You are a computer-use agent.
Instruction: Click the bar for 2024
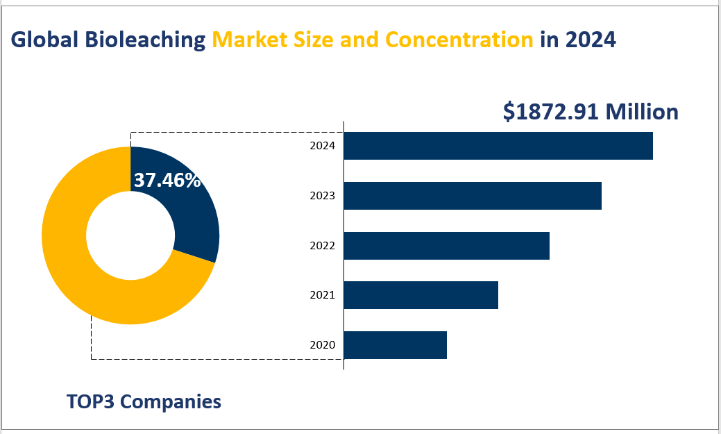tap(498, 146)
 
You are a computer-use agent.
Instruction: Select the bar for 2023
tap(473, 196)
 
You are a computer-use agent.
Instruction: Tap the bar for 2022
tap(447, 246)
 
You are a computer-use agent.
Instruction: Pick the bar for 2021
tap(421, 295)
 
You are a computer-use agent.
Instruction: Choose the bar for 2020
tap(396, 345)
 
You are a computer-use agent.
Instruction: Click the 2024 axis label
tap(322, 146)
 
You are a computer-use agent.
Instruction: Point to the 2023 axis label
tap(322, 196)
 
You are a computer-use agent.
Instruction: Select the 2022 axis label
tap(322, 246)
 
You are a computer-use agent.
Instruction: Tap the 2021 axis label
tap(322, 295)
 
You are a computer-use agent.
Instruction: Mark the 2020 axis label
tap(322, 345)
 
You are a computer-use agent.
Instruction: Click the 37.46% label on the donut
tap(167, 181)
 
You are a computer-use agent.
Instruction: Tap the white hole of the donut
tap(130, 235)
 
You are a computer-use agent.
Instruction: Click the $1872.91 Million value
tap(591, 112)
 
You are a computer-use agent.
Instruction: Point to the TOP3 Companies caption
tap(144, 401)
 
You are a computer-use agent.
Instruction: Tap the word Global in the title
tap(45, 40)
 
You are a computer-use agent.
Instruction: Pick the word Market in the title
tap(251, 40)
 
